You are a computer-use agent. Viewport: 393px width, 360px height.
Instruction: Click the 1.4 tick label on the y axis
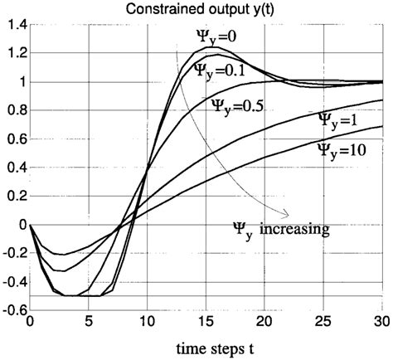[15, 25]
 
